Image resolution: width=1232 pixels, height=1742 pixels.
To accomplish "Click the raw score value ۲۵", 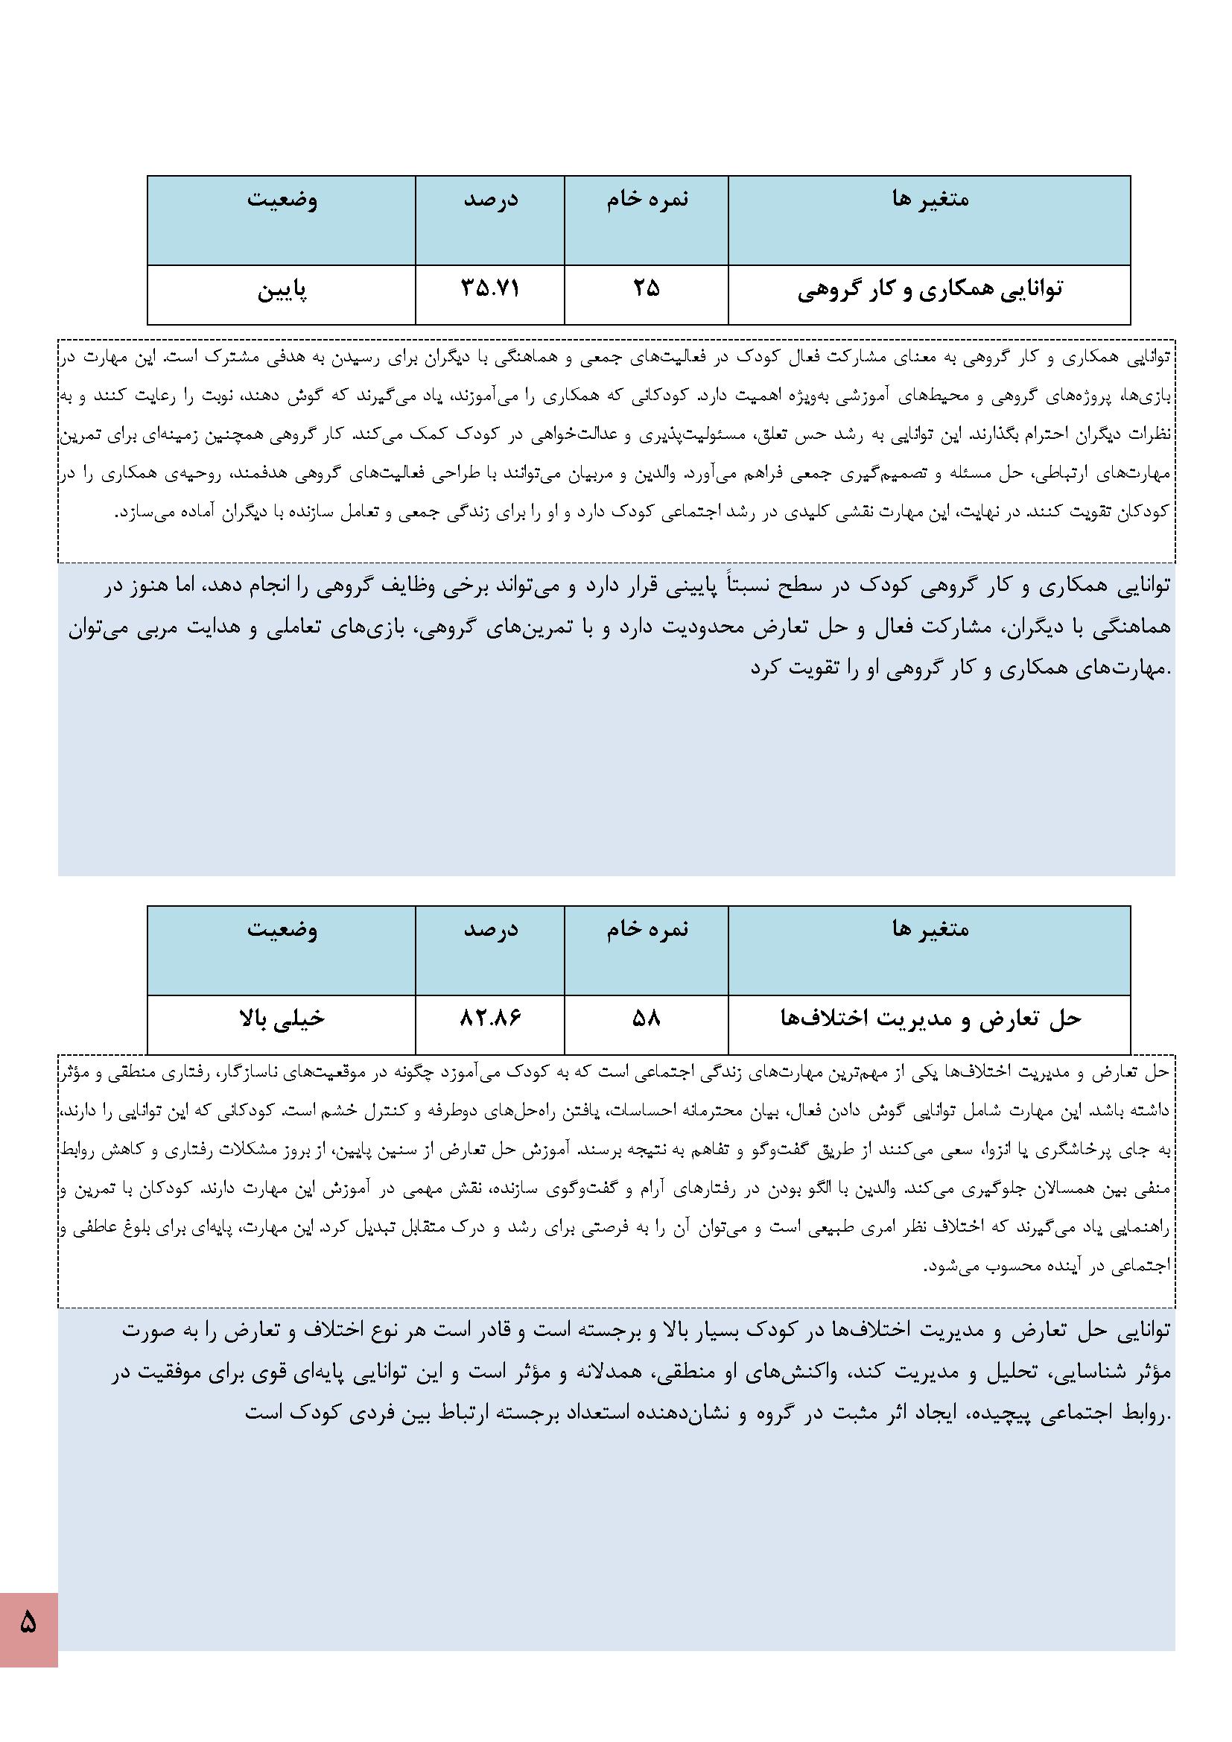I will click(647, 289).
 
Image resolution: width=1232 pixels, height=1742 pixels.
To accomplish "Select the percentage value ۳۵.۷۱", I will click(490, 289).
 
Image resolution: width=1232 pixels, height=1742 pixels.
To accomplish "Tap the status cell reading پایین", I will click(282, 291).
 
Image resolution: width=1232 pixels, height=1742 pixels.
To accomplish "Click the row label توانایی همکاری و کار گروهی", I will click(930, 290).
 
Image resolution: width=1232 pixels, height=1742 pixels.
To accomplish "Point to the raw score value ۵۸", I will click(647, 1019).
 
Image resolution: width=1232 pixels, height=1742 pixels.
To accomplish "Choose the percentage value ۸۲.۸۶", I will click(490, 1019).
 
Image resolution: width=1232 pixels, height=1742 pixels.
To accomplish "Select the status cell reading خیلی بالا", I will click(282, 1019).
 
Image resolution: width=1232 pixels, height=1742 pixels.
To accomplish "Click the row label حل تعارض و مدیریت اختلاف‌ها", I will click(930, 1019).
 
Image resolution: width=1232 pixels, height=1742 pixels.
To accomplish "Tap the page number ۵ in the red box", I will click(28, 1624).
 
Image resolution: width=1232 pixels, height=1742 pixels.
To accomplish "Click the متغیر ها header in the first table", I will click(930, 200).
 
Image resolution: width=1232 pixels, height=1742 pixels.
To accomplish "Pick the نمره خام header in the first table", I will click(647, 200).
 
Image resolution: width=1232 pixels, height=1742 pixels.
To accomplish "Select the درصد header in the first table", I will click(491, 200).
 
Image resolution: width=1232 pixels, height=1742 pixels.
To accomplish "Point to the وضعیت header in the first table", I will click(282, 200).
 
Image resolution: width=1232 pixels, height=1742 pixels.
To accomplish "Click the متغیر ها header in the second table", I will click(930, 928).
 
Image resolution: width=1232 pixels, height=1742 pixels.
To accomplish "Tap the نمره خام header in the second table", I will click(647, 928).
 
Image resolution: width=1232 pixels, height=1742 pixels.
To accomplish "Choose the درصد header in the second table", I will click(491, 928).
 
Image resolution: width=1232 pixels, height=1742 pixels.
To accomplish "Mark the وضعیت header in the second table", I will click(282, 928).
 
